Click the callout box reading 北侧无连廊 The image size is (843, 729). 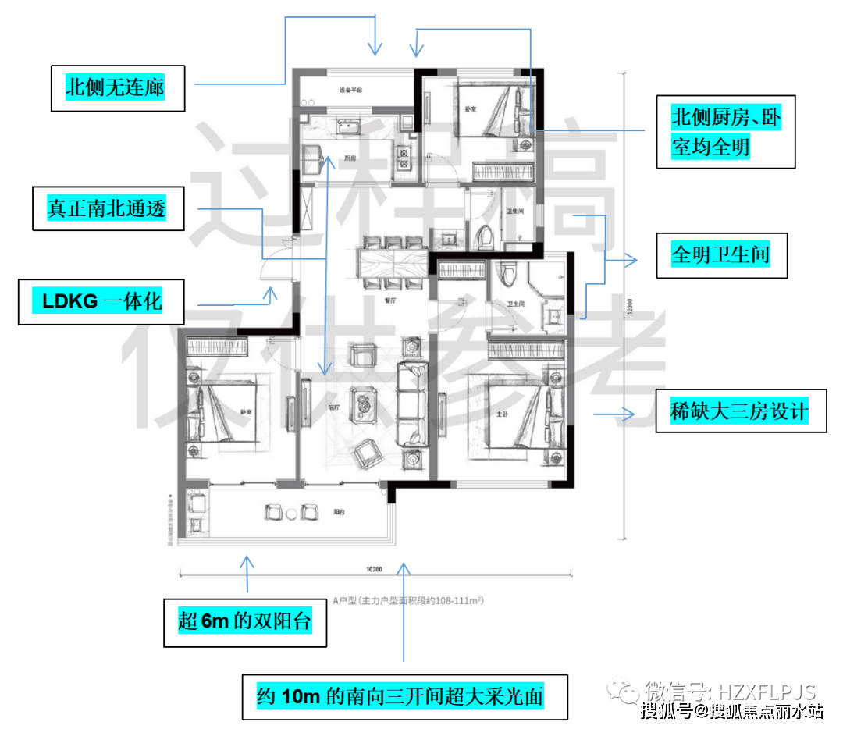(x=116, y=87)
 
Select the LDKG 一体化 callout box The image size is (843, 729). (x=101, y=302)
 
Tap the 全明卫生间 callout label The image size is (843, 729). (x=720, y=255)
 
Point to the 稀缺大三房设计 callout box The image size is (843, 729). (x=739, y=411)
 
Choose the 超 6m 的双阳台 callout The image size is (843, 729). (x=244, y=622)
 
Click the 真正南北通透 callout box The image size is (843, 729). (x=108, y=208)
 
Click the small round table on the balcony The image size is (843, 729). (x=291, y=513)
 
